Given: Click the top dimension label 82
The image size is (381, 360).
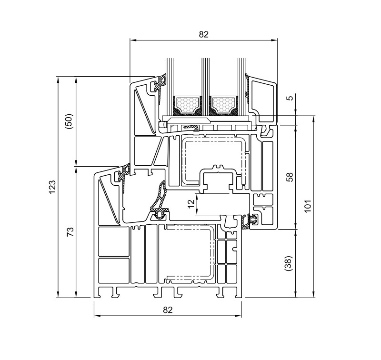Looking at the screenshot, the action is click(x=204, y=34).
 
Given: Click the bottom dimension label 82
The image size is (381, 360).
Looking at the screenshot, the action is click(x=168, y=310).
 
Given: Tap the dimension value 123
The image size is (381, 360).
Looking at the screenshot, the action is click(x=52, y=187).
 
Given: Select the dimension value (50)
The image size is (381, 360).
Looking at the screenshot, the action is click(x=69, y=121).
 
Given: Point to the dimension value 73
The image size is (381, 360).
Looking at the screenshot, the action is click(x=70, y=232).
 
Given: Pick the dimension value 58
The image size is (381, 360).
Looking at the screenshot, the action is click(x=290, y=177).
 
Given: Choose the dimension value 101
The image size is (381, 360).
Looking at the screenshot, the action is click(x=308, y=206).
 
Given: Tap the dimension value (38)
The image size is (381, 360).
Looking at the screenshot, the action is click(x=291, y=263).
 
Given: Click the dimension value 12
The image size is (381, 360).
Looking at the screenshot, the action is click(x=192, y=203).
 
